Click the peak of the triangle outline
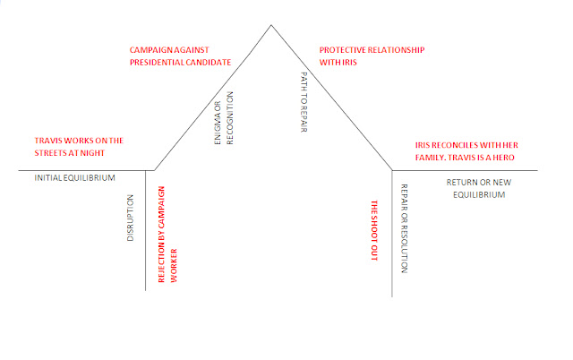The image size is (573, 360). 272,24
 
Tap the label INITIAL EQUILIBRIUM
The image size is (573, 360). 75,178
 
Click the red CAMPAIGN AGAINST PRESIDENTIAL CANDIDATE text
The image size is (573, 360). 181,56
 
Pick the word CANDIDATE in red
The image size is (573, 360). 205,63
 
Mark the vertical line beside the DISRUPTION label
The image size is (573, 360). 145,242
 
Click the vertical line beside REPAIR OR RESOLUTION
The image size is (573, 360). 392,242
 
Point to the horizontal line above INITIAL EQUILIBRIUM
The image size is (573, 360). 81,169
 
